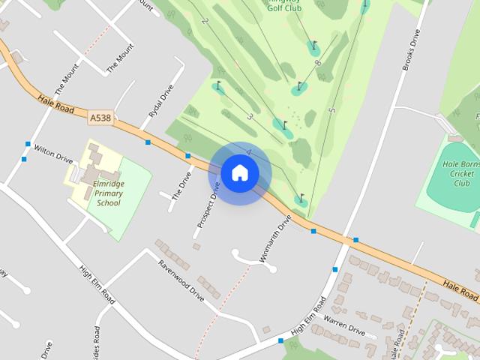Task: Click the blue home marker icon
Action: (x=240, y=173)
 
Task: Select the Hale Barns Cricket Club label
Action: (x=458, y=173)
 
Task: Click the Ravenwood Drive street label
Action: (x=181, y=280)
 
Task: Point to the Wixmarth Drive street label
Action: (x=274, y=238)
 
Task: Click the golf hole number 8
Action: (x=317, y=63)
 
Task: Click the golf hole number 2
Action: (x=204, y=20)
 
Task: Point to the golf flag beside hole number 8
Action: (x=313, y=45)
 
